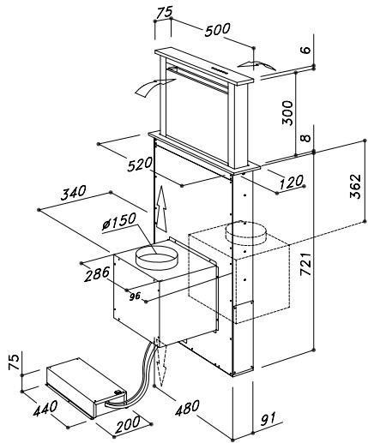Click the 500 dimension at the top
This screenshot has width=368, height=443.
(217, 30)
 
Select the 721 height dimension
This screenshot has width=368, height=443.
(305, 264)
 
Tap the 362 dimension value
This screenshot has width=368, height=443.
(355, 186)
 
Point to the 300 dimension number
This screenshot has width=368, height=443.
(287, 113)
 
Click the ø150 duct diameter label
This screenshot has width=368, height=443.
(119, 221)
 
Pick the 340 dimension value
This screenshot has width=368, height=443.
(73, 193)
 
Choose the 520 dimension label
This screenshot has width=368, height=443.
(140, 165)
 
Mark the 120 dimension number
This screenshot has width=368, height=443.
(291, 182)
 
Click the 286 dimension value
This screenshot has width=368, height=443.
(97, 274)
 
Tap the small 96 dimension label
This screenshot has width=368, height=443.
(135, 296)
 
